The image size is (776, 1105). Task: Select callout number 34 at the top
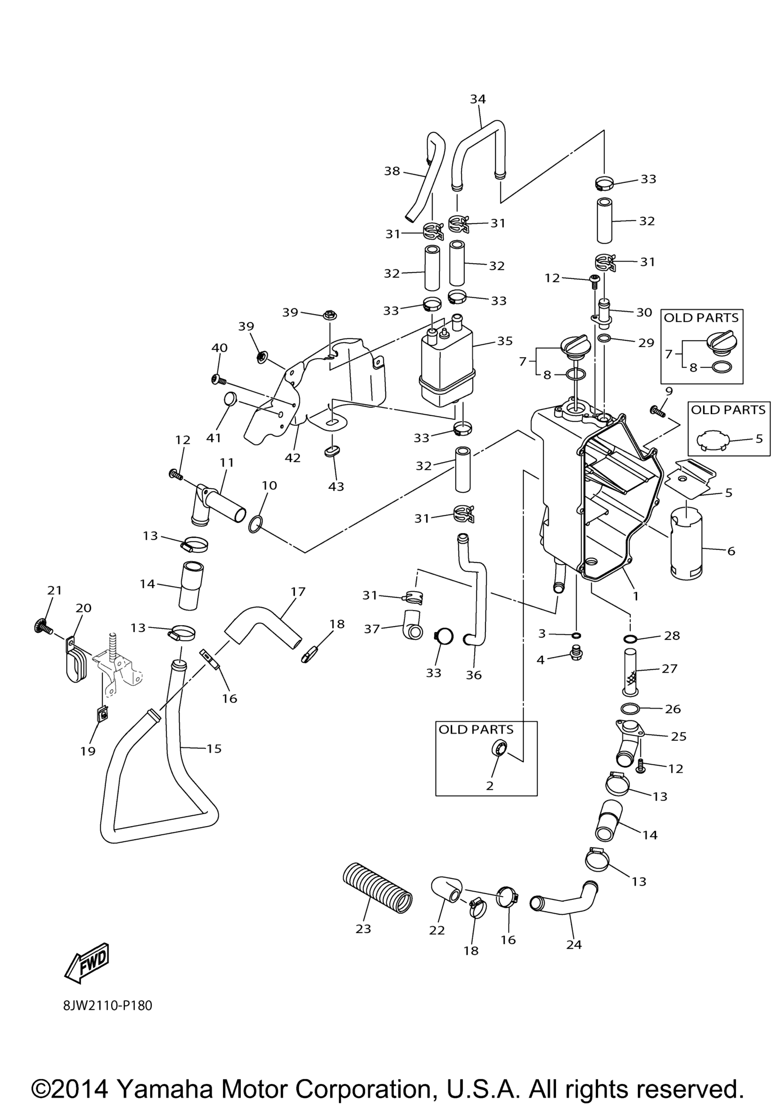pos(478,99)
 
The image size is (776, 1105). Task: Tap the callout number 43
pos(336,487)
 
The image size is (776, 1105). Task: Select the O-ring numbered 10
pos(256,525)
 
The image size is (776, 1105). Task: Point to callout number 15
pos(214,748)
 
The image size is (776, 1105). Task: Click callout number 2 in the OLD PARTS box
pos(490,785)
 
